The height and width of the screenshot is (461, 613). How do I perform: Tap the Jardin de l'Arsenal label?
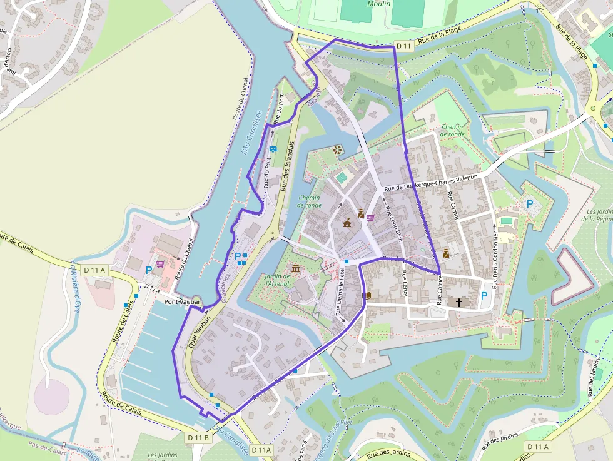point(278,280)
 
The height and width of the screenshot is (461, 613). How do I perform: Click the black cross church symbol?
point(459,302)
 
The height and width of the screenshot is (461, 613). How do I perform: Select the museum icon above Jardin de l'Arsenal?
point(295,268)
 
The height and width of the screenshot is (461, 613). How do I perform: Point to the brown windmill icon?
point(337,150)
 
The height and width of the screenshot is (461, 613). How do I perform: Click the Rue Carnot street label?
point(453,206)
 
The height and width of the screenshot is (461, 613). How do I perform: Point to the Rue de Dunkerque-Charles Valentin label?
point(431,183)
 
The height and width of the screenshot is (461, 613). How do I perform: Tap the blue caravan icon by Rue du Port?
point(273,149)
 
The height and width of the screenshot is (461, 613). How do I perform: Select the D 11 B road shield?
point(198,438)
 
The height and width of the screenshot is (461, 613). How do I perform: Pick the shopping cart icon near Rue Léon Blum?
point(370,218)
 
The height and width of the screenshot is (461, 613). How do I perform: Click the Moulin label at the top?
point(378,4)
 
